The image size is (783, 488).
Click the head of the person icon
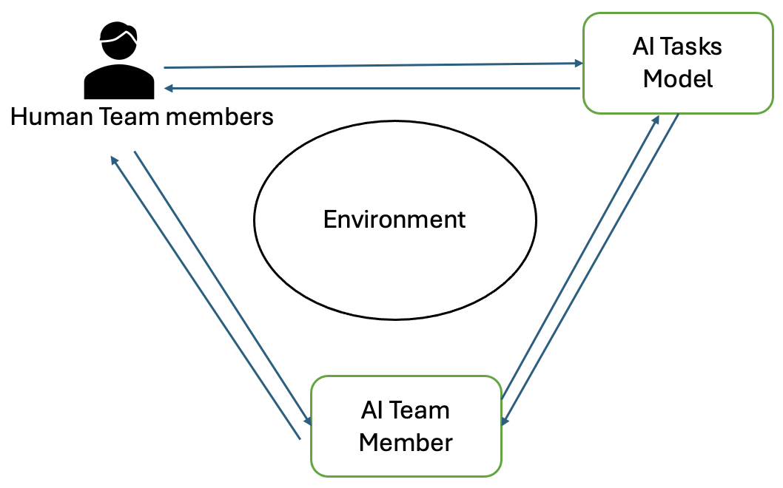pos(119,41)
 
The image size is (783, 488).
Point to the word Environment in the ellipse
pos(394,220)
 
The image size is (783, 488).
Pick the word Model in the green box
pos(678,78)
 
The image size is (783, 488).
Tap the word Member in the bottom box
pos(406,442)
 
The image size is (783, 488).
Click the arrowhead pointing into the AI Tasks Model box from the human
pos(579,64)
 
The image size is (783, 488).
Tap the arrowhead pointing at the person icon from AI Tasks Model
pos(169,88)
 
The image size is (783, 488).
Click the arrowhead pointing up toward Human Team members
pos(113,160)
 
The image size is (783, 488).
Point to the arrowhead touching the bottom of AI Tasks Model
pos(655,119)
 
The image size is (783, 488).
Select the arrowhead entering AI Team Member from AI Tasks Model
pos(505,421)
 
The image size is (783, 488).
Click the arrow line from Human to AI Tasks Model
pos(370,65)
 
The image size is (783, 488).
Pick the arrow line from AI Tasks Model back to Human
pos(370,88)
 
